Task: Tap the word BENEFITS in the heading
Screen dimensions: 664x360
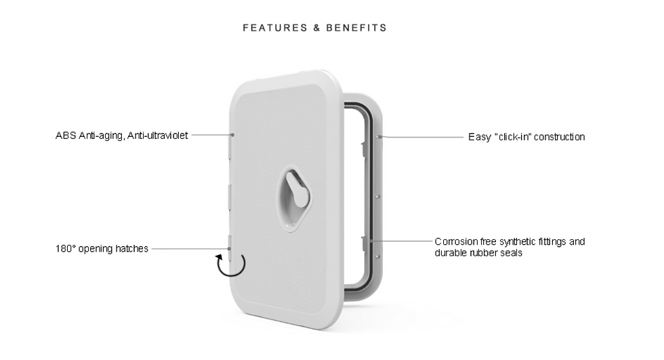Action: (x=356, y=28)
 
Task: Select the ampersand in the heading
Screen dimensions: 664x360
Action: (x=317, y=28)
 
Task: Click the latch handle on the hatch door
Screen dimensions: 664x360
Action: (x=297, y=189)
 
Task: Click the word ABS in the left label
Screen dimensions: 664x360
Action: (x=66, y=136)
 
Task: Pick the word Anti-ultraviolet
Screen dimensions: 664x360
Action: (x=157, y=136)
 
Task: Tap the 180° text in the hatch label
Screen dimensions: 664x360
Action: (x=65, y=249)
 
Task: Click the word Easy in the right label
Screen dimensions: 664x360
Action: (x=480, y=137)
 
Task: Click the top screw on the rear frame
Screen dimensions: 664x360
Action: (x=377, y=136)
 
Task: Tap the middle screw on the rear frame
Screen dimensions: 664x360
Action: (x=378, y=197)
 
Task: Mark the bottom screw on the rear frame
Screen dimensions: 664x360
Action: (x=378, y=256)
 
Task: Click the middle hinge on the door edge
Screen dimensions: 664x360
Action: (x=229, y=197)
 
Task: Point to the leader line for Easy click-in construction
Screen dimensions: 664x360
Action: (x=421, y=137)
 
